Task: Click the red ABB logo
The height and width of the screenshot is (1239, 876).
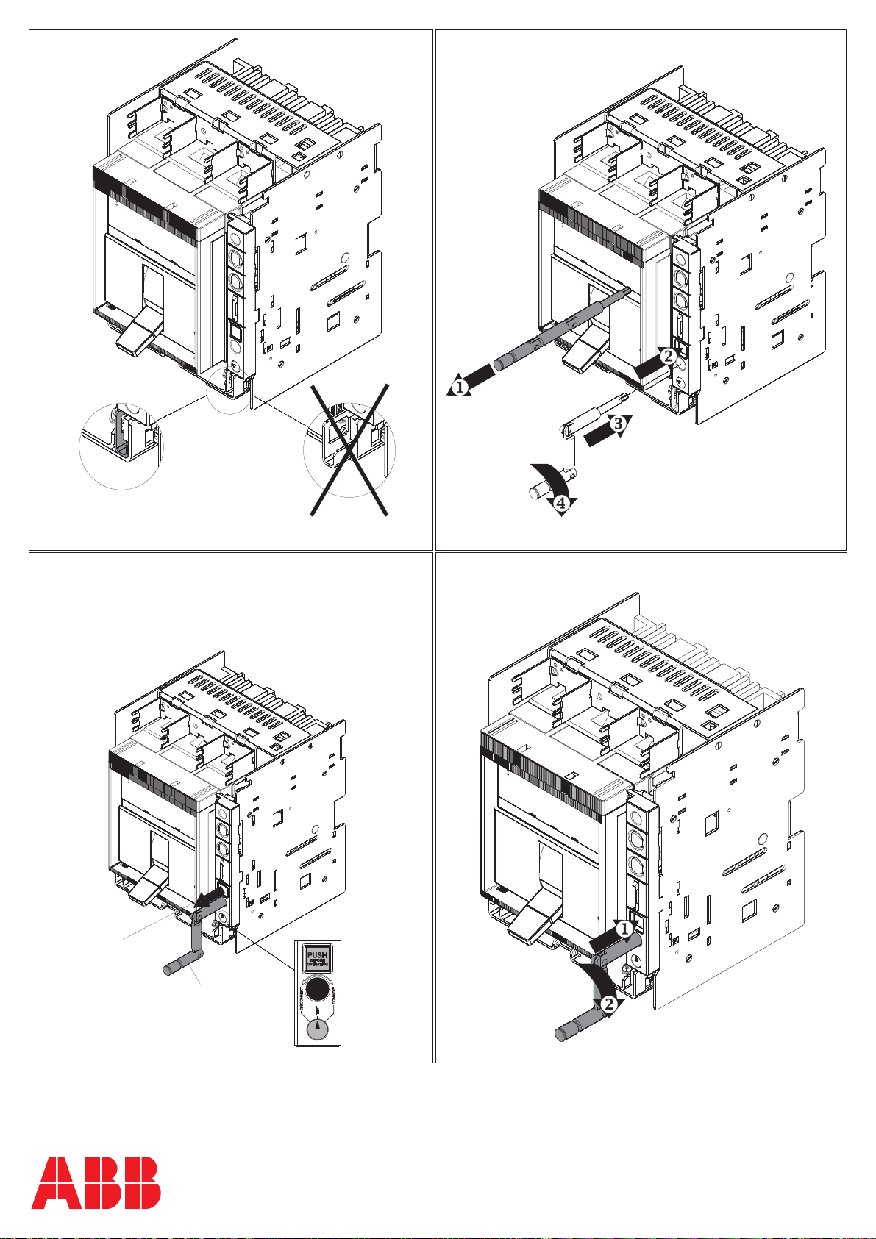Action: [x=96, y=1182]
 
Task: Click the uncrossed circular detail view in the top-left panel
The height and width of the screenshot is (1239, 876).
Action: [x=121, y=444]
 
